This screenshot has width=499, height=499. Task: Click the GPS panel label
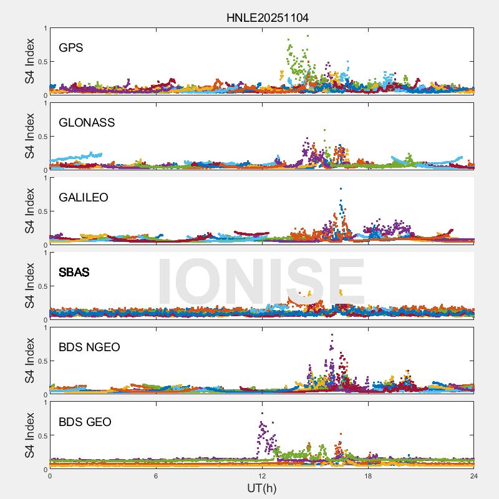pos(70,47)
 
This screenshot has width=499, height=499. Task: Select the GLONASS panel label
pos(87,122)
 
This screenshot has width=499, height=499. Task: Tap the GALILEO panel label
pos(83,197)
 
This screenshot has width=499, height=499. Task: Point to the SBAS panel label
pos(74,272)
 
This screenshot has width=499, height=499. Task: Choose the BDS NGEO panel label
pos(89,347)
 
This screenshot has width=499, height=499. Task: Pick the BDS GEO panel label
pos(85,422)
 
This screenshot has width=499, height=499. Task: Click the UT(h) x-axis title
pos(261,487)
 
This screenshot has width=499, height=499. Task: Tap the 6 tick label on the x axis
pos(156,476)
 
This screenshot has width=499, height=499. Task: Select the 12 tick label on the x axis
pos(262,476)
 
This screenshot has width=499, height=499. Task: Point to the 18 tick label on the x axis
pos(368,476)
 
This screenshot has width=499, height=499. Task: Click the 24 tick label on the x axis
pos(474,476)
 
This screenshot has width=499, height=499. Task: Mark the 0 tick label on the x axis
pos(50,476)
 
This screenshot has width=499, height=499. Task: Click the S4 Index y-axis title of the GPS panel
pos(29,61)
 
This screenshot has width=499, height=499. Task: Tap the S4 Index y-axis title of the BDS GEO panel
pos(29,435)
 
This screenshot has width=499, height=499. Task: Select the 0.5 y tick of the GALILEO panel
pos(42,211)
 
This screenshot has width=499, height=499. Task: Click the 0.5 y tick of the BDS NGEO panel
pos(42,361)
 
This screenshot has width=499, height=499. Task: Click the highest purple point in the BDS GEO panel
pos(263,413)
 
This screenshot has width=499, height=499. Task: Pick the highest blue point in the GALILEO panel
pos(341,188)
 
